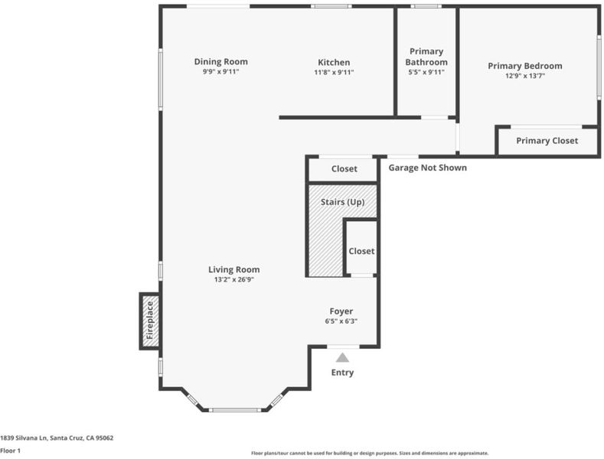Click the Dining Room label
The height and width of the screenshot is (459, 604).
coord(220,62)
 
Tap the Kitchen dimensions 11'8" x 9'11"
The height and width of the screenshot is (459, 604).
coord(334,72)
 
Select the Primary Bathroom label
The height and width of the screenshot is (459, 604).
coord(426,57)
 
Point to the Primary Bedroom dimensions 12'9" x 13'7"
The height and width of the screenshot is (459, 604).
coord(525,76)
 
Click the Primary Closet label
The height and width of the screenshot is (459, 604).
coord(547,141)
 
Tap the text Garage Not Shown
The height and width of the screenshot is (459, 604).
coord(428,168)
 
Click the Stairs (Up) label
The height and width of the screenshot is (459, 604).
coord(343,202)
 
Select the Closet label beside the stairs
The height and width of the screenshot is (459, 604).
coord(361,251)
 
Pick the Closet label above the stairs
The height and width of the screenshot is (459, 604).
coord(344,168)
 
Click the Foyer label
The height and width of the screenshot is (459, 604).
coord(341,311)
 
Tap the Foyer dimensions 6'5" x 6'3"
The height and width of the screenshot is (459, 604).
coord(341,321)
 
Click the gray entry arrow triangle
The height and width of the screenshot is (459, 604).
coord(342,358)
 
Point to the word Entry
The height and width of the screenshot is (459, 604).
coord(342,373)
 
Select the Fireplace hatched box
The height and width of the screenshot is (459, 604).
coord(150,321)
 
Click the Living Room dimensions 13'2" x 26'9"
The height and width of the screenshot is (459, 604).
coord(234,279)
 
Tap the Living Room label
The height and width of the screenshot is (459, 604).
coord(234,269)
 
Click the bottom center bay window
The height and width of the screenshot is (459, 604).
coord(234,410)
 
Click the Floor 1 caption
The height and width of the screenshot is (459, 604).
coord(11,451)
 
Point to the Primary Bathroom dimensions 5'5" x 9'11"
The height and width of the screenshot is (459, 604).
coord(426,72)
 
